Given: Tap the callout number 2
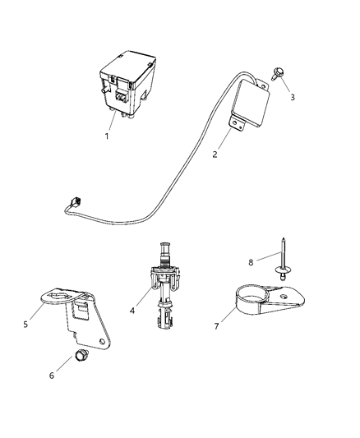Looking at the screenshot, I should point(216,153).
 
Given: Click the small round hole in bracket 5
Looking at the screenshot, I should point(103,340).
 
